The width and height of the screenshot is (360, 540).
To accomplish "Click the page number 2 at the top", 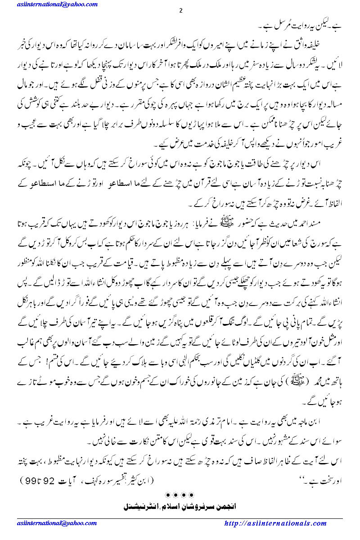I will click(x=180, y=10).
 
